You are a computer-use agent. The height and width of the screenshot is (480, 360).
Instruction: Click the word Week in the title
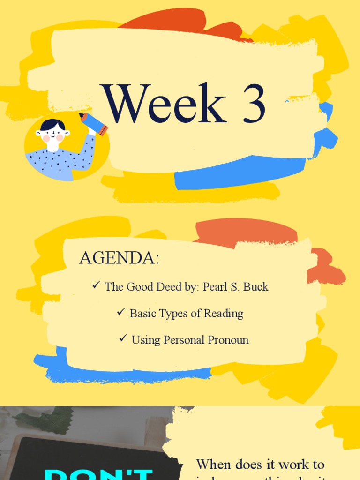pos(165,104)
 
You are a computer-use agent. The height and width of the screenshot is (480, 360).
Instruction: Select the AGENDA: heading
pos(119,258)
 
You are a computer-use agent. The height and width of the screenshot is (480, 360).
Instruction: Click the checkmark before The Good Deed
pos(97,285)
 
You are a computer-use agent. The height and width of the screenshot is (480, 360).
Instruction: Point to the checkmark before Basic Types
pos(121,312)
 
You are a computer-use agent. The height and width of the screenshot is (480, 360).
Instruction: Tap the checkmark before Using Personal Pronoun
pos(123,338)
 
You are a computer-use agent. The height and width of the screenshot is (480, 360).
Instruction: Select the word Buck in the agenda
pos(256,287)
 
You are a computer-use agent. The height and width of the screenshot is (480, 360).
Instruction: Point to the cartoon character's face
pos(52,135)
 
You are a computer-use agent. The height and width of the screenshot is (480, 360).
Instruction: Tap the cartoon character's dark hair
pos(52,125)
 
